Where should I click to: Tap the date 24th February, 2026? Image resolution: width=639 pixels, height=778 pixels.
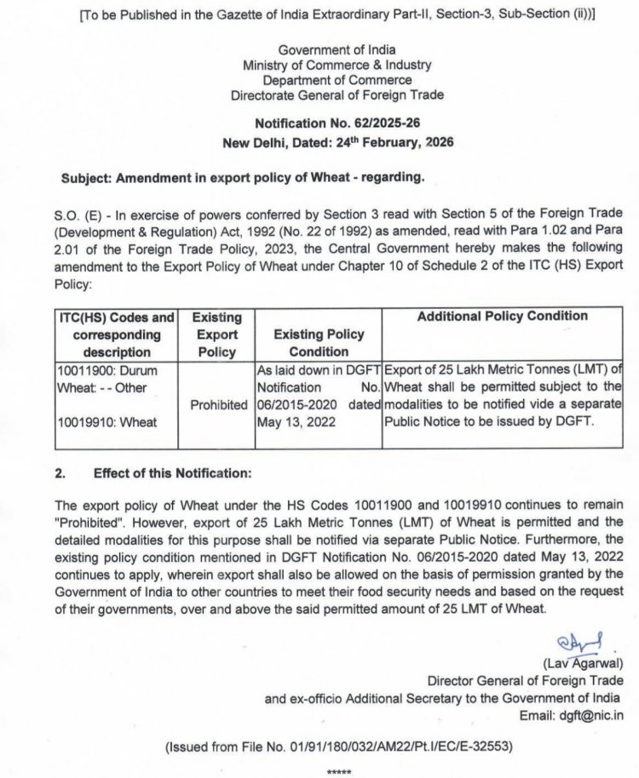(x=395, y=142)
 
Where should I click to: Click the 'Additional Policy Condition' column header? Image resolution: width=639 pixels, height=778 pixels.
(x=502, y=316)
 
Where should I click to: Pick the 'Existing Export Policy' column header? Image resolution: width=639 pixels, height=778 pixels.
(x=216, y=335)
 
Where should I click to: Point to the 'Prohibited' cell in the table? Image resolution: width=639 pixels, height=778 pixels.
(x=217, y=404)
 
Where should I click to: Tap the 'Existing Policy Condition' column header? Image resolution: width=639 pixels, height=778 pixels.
(x=319, y=343)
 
